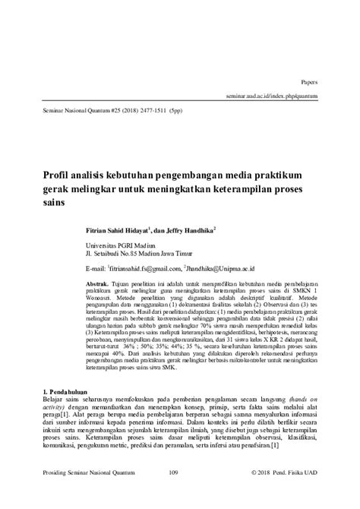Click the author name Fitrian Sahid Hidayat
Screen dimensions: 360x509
[119, 228]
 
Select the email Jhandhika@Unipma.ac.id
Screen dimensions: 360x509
[220, 268]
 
